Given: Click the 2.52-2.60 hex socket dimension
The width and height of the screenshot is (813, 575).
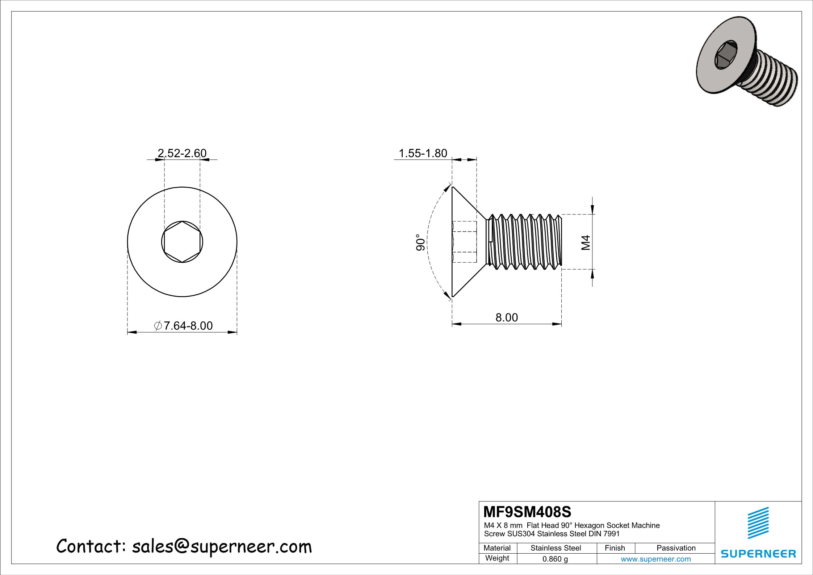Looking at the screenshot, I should [x=182, y=153].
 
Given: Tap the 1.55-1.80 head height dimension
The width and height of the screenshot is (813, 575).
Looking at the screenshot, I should [x=423, y=153].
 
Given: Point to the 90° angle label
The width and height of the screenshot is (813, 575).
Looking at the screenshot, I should [x=420, y=242].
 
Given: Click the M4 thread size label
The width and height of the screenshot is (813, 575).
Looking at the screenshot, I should [x=586, y=242].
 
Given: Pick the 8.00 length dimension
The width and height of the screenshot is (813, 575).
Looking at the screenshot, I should [x=506, y=317].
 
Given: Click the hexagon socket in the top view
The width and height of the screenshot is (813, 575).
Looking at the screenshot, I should [x=182, y=242].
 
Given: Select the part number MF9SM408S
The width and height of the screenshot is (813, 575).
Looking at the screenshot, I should [x=527, y=512].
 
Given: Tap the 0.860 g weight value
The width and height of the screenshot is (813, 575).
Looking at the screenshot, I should [x=555, y=559].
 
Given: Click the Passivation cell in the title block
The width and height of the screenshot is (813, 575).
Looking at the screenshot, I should [x=676, y=548].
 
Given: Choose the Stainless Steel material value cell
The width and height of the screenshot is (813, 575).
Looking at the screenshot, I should [x=556, y=548].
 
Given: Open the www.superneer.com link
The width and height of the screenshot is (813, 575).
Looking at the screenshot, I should [x=655, y=559].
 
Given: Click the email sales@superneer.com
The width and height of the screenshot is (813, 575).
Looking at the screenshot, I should [x=222, y=547].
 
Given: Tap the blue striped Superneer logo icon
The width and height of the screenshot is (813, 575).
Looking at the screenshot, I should [x=758, y=523].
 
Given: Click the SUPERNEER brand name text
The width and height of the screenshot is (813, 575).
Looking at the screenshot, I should [x=758, y=554].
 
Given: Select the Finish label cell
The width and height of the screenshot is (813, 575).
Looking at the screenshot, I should [x=615, y=548].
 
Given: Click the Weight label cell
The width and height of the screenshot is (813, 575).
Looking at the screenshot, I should [x=497, y=558].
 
